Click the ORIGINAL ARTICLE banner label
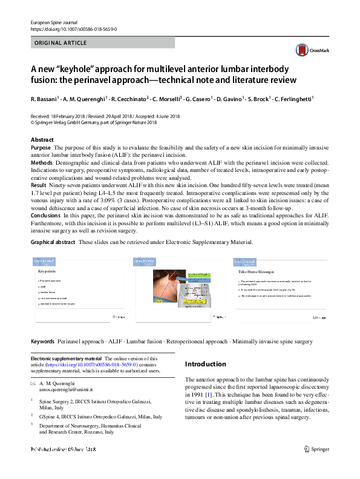coord(61,43)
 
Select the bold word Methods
coord(42,164)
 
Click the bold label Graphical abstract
coord(53,242)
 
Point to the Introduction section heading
coord(205,365)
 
